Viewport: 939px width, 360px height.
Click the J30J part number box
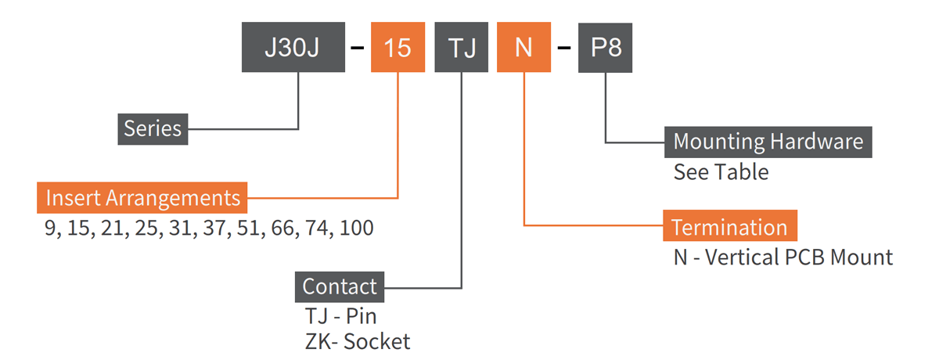coord(293,48)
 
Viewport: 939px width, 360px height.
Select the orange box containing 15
coord(398,48)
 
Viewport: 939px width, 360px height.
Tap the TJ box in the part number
coord(462,48)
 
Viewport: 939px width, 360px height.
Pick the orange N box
coord(523,48)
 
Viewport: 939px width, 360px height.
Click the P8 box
coord(606,48)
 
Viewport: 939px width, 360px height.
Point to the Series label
coord(153,128)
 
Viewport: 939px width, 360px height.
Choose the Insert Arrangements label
coord(142,197)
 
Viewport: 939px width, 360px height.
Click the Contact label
coord(339,286)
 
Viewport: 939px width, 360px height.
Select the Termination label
coord(729,227)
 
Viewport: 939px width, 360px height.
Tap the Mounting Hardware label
coord(768,142)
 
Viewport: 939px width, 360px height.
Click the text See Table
coord(721,171)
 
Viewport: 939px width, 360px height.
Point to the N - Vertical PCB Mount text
coord(782,257)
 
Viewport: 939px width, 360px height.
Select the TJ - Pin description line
coord(340,316)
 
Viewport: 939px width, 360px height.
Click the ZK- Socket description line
coord(357,342)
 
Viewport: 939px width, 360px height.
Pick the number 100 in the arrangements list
coord(357,229)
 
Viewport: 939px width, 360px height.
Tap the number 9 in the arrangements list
coord(51,229)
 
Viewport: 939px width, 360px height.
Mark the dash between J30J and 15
coord(358,49)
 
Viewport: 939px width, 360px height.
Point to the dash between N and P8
coord(563,49)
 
